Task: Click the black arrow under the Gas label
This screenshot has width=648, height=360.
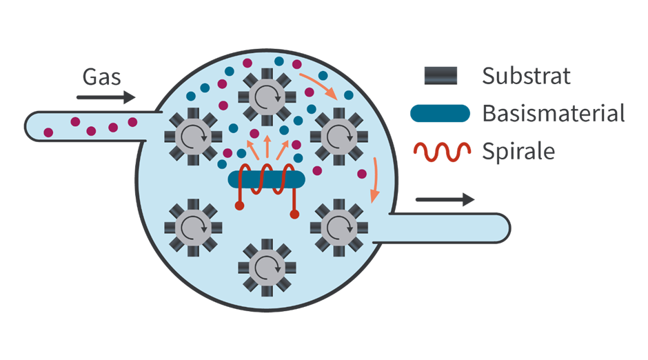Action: tap(105, 98)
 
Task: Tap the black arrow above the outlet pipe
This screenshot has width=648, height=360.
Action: tap(445, 199)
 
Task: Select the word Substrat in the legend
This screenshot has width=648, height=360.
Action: tap(527, 76)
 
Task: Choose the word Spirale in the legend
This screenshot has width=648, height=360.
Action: tap(518, 150)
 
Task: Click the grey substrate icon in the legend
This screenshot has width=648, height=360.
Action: tap(441, 75)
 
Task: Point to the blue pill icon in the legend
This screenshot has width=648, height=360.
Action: tap(441, 113)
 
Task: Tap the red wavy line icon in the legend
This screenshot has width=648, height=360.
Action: tap(441, 151)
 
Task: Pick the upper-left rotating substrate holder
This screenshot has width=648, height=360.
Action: tap(192, 134)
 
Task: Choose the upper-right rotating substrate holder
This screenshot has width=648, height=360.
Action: tap(338, 134)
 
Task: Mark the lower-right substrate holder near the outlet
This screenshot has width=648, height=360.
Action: tap(337, 226)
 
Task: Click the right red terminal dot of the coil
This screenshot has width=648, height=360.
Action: tap(294, 214)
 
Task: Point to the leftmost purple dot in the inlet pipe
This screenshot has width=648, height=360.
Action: tap(48, 132)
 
